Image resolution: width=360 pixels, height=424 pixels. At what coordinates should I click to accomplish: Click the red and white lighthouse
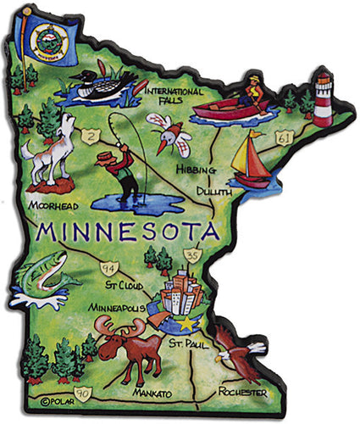point(324,100)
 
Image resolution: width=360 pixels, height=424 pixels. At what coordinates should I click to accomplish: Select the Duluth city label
point(215,193)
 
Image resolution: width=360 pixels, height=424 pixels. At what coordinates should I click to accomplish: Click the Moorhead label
point(52,206)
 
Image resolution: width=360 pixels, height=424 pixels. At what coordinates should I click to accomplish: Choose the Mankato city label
point(153,394)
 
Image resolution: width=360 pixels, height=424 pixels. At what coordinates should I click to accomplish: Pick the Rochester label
point(242,393)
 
